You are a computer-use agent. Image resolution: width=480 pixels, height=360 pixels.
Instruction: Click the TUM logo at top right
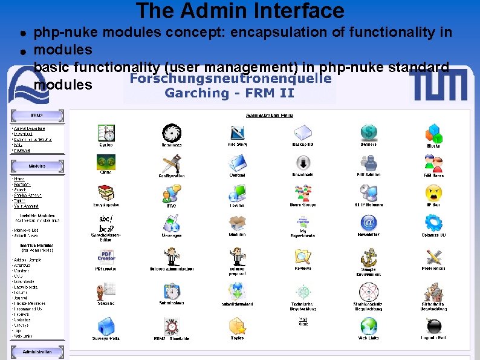438,84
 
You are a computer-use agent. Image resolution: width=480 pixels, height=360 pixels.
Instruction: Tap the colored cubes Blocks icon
433,133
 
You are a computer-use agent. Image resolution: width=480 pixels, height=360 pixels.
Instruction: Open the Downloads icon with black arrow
303,163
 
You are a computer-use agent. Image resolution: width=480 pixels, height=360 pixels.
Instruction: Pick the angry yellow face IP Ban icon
433,193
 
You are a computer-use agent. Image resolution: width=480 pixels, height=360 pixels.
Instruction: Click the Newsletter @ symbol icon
368,223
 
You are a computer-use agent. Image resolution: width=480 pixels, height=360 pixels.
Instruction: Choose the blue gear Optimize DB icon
433,223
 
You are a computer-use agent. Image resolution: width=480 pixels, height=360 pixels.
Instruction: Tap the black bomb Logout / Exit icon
433,326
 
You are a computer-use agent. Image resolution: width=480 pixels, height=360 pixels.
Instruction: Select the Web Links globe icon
368,326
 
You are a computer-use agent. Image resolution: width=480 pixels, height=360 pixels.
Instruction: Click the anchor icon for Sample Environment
368,257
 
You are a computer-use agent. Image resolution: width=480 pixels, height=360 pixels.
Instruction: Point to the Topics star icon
237,326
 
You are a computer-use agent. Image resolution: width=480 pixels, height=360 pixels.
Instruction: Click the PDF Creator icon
106,257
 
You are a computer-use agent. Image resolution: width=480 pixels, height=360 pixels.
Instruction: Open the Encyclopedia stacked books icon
106,193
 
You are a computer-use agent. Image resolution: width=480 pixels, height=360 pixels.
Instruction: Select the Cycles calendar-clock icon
106,133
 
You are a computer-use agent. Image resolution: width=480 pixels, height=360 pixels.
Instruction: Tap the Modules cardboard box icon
237,223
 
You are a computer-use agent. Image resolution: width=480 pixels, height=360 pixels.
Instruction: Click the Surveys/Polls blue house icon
106,326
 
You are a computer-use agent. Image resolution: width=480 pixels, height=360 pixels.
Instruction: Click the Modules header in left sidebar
37,166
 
